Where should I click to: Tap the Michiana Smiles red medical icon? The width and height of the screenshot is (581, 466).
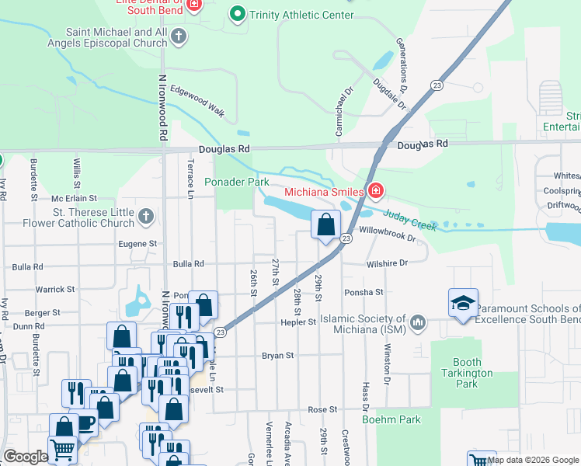pos(376,191)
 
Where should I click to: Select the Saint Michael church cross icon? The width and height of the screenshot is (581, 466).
pos(178,36)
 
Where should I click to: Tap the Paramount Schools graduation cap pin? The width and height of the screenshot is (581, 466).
pos(462,302)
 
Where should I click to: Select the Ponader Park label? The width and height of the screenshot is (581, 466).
pos(236,183)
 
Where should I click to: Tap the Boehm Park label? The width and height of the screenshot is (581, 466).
pos(391,419)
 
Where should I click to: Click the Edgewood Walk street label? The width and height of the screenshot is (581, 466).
pos(197,101)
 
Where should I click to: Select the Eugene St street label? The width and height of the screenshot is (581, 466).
pos(138,244)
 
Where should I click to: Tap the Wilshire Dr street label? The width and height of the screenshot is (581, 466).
pos(386,263)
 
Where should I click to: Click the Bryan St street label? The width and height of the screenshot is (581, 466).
pos(278,356)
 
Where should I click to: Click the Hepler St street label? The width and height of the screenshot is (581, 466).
pos(299,322)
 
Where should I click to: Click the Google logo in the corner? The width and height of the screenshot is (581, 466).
pos(25,457)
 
